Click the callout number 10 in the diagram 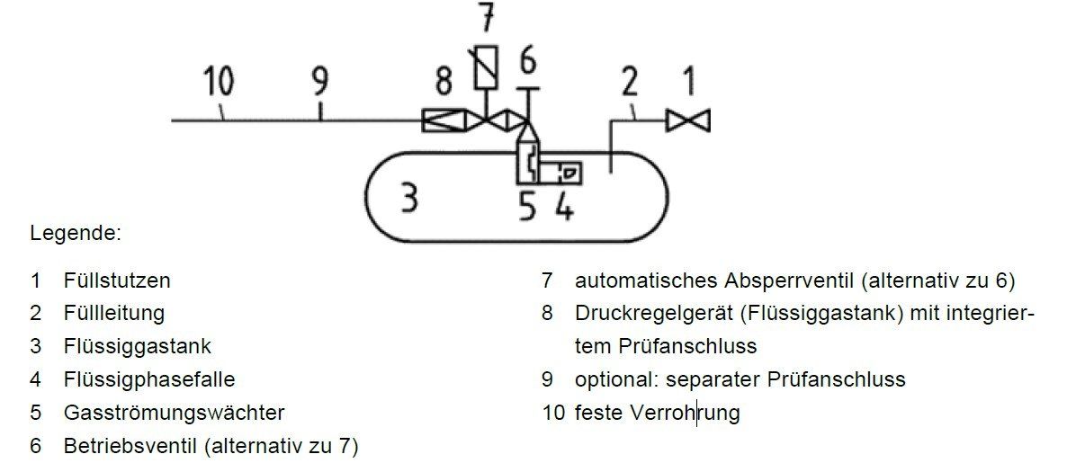point(218,82)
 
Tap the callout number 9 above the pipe point(320,83)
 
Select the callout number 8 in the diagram point(443,82)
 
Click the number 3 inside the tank point(409,197)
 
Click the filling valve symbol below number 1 point(688,120)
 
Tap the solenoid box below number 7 point(486,68)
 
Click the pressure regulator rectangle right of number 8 point(438,120)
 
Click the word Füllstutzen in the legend point(117,280)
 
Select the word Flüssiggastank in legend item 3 point(138,346)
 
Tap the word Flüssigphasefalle point(149,379)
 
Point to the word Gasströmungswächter point(174,413)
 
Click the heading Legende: point(75,234)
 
